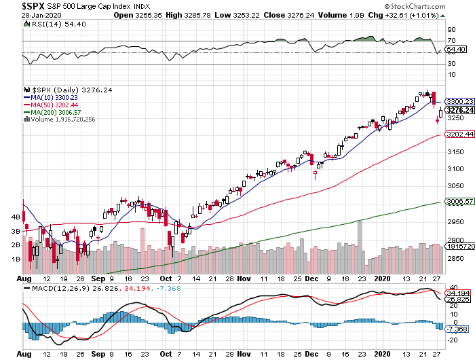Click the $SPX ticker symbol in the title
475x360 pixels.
coord(16,5)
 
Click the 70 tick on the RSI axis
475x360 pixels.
coord(451,41)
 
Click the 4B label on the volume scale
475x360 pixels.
coord(14,217)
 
